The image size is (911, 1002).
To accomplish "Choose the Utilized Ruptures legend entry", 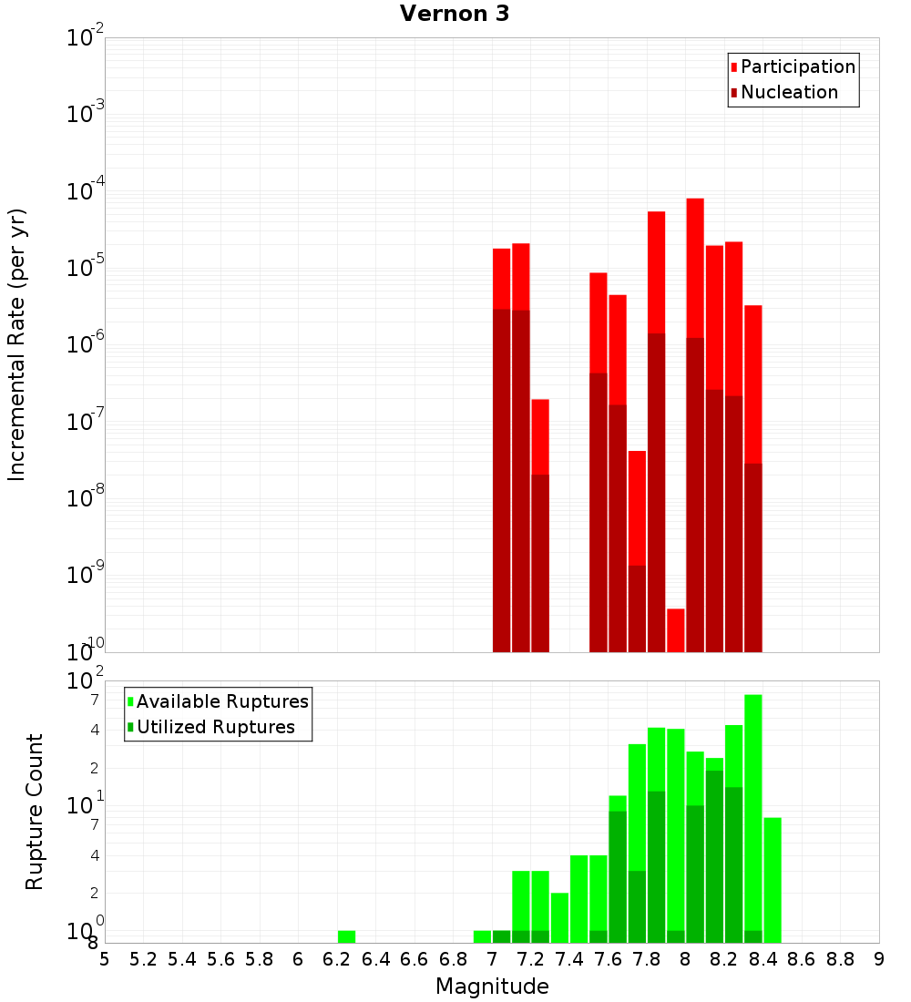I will point(215,727).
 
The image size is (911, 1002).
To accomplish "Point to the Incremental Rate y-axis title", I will point(17,345).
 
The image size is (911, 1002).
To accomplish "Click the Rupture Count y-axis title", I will point(35,812).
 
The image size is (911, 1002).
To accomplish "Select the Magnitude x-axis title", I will point(492,987).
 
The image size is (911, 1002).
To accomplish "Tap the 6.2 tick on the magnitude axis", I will point(337,959).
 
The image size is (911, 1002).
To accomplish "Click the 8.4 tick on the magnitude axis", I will point(763,959).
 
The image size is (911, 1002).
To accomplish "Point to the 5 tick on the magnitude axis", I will point(105,959).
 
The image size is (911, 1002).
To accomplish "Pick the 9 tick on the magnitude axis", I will point(879,959).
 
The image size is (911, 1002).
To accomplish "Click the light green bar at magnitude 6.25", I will point(346,936).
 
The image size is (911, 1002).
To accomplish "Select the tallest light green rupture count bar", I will point(753,811).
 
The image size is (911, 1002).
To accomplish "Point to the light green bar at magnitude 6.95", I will point(482,936).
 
